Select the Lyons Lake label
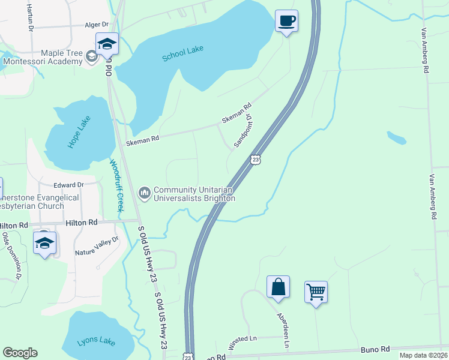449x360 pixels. (x=96, y=342)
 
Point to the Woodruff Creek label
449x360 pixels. (x=116, y=184)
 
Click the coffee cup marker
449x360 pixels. (x=286, y=21)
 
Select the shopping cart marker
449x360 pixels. (x=316, y=292)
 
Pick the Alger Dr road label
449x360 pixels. (x=97, y=25)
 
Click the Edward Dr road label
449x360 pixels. (x=67, y=185)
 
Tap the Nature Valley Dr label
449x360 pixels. (x=97, y=246)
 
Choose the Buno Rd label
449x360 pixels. (x=376, y=349)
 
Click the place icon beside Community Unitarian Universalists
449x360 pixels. (x=144, y=193)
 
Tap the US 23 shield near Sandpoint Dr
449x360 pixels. (x=256, y=160)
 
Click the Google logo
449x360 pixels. (x=20, y=353)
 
